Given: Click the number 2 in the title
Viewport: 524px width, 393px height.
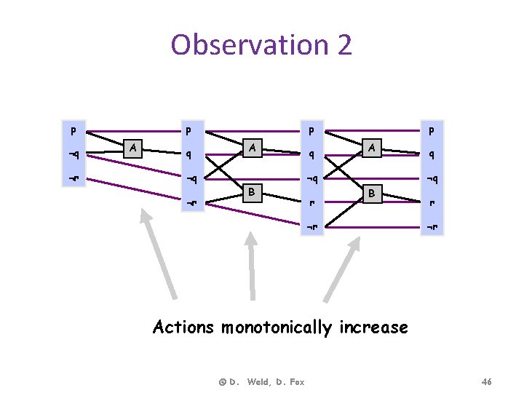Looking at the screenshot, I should tap(341, 45).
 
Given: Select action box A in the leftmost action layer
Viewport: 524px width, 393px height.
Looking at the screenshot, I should tap(132, 148).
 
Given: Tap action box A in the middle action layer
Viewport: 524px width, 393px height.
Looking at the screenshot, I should tap(251, 148).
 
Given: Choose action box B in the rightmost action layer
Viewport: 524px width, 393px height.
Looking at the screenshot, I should tap(370, 194).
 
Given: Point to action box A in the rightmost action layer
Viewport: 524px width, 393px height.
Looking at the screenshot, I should tap(370, 148).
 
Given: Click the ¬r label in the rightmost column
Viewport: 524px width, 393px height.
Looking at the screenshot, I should tap(432, 227).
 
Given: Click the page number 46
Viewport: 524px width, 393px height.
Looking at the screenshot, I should tap(487, 381).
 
